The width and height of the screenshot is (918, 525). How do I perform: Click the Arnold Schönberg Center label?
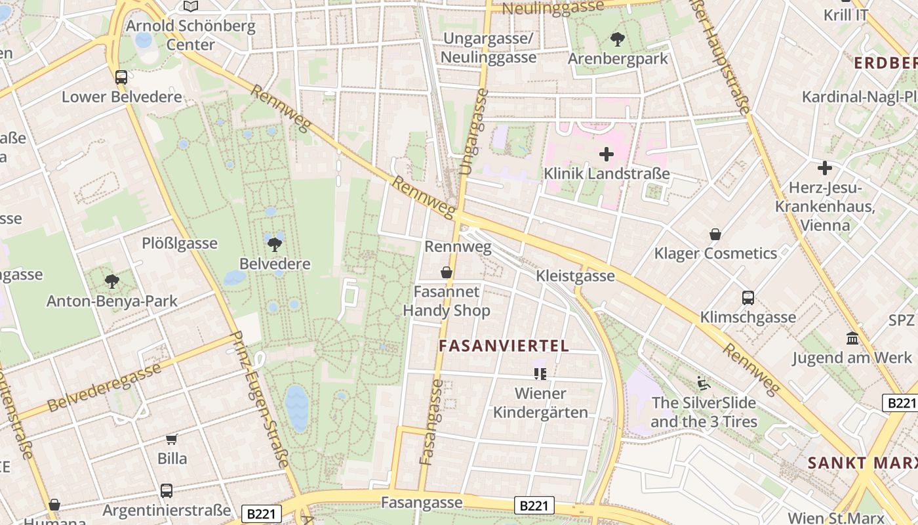(190, 35)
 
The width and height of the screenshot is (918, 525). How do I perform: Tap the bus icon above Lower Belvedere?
(121, 77)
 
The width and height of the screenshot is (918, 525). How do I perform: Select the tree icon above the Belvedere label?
(275, 245)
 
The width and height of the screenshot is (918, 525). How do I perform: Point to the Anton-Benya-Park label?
(112, 301)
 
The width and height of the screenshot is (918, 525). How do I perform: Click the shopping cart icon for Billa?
(172, 439)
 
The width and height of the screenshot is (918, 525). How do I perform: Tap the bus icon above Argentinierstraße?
(167, 490)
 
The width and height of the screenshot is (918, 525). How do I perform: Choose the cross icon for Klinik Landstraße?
(607, 155)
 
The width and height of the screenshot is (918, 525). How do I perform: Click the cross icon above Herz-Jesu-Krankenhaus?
(825, 168)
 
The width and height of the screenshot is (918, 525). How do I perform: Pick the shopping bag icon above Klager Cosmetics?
(715, 234)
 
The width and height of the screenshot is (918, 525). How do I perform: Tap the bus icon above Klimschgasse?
(748, 298)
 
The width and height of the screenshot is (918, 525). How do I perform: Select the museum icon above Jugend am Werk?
(852, 339)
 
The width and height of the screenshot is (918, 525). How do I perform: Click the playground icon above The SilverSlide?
(704, 383)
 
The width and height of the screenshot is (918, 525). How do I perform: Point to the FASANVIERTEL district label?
(504, 346)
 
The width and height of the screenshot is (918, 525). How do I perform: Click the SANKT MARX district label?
(862, 462)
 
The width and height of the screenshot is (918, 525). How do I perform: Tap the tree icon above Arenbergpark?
(618, 39)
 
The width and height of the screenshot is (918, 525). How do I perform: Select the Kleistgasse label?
(576, 276)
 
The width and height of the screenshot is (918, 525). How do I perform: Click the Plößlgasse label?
(180, 243)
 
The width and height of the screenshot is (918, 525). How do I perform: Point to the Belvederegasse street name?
(104, 387)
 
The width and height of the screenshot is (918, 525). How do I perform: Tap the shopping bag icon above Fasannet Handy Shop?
(447, 272)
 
